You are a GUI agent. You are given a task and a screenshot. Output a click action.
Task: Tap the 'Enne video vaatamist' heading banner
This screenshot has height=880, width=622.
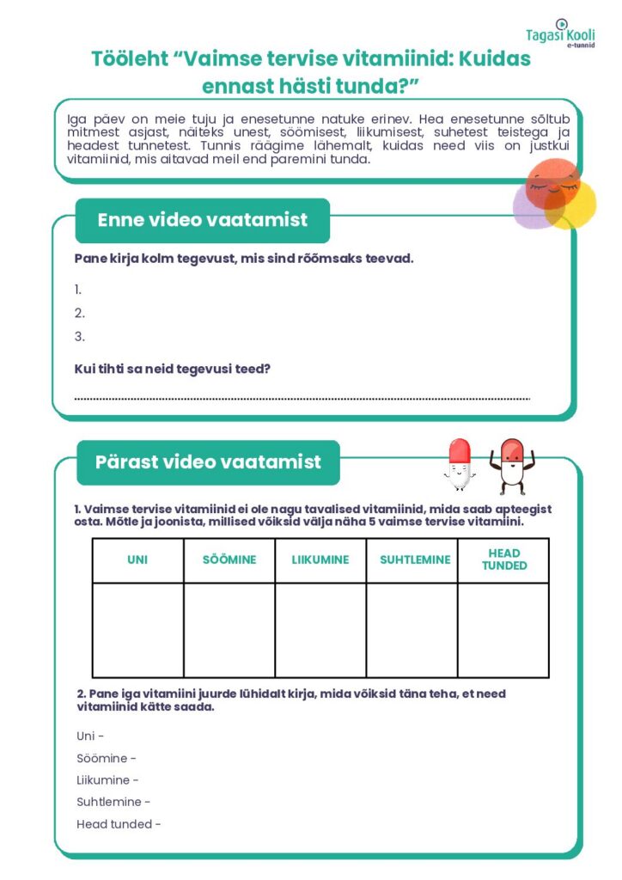(202, 220)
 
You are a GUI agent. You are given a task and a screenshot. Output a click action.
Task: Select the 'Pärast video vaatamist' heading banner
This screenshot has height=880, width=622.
(208, 462)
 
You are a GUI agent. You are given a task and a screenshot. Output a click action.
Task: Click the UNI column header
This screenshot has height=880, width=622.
(137, 560)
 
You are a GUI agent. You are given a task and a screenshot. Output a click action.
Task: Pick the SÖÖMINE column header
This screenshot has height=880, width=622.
(229, 560)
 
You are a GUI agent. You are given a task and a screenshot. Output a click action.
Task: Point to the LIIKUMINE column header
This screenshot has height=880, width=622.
(320, 560)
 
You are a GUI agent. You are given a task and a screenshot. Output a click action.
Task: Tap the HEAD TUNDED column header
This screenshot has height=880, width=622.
(503, 560)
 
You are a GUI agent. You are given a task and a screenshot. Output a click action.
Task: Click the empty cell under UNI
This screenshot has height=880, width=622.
(137, 630)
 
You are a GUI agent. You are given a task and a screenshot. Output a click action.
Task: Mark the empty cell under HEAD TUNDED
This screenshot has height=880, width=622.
(503, 630)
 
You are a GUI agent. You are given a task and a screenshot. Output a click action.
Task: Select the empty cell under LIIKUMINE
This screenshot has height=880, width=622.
(320, 630)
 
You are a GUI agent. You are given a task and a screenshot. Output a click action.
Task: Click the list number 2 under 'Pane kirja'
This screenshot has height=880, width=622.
(80, 314)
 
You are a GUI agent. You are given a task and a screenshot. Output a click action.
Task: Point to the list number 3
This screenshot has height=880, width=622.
(80, 337)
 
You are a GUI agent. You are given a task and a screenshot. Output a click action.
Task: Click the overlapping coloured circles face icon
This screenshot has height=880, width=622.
(555, 196)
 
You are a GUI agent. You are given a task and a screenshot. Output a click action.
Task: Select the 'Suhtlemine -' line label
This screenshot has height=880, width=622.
(113, 803)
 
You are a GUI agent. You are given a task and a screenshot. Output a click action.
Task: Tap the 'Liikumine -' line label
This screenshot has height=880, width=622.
(107, 780)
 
